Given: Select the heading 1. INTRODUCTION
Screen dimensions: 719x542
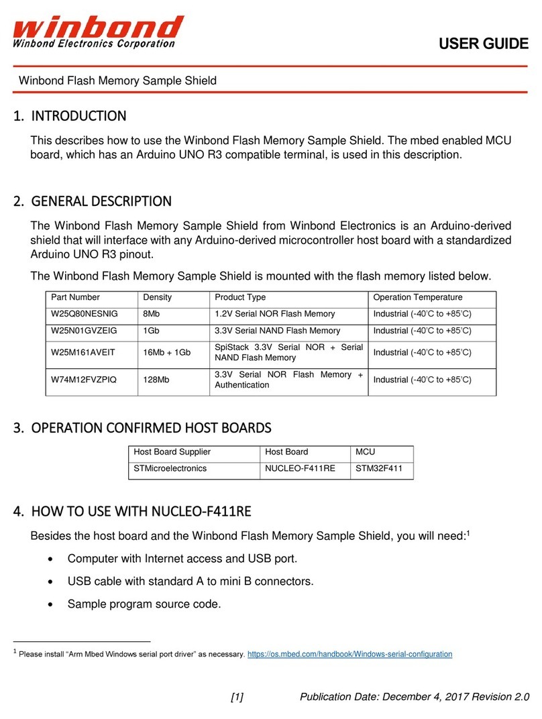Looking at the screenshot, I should (70, 116).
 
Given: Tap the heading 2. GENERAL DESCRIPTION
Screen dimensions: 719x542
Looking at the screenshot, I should (93, 201).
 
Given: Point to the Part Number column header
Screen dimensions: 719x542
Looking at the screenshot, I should (75, 297).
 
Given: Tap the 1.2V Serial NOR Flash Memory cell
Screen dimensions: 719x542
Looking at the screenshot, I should (274, 314).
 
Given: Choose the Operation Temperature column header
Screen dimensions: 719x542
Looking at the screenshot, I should (417, 297).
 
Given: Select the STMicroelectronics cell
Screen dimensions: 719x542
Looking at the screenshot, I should (170, 469).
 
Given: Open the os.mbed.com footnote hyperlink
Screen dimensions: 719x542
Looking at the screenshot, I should (349, 653).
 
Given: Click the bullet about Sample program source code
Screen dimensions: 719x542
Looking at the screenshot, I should (144, 604).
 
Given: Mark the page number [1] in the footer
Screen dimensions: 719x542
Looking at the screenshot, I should (237, 697).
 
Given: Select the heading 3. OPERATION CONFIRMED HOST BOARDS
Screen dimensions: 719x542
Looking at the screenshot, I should (142, 428).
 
